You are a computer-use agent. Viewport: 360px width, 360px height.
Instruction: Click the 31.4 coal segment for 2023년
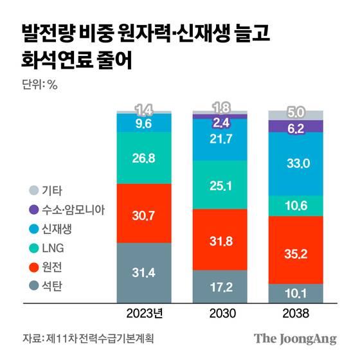143,272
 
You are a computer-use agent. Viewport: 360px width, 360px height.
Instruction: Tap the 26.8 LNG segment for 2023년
143,157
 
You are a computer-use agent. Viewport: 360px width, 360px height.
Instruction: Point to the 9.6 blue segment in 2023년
143,123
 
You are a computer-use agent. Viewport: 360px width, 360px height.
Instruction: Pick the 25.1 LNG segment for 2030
221,185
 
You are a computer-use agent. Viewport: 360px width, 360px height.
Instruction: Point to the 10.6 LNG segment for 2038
295,206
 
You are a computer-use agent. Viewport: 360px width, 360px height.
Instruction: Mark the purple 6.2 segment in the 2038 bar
295,127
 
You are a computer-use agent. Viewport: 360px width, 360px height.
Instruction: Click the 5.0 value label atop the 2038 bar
295,114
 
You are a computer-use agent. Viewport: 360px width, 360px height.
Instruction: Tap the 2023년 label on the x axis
143,314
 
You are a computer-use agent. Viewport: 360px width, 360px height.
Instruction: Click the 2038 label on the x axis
295,314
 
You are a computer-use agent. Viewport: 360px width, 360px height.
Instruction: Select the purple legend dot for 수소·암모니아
33,209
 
